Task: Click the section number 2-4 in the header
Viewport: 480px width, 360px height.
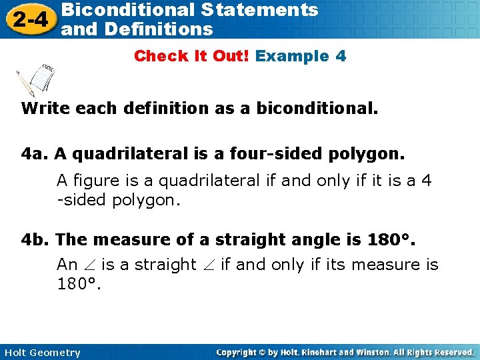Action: pos(28,19)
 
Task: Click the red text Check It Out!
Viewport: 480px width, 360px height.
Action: pos(192,56)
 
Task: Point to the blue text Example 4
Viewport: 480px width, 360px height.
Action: pos(301,56)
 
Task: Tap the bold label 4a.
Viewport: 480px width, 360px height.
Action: pos(35,155)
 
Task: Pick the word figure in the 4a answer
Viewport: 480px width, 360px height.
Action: pos(93,181)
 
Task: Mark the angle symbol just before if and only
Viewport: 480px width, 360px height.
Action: pos(207,265)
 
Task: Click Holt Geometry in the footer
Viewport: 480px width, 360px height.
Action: pos(41,353)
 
